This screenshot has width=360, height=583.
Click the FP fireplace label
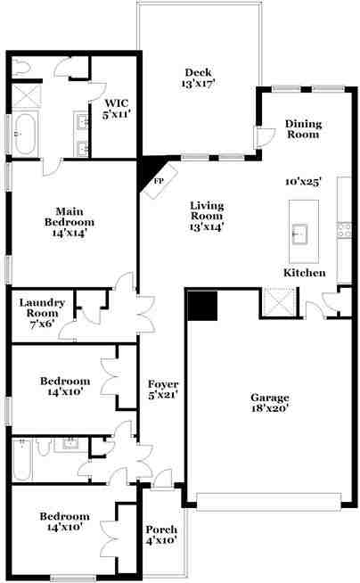(x=159, y=182)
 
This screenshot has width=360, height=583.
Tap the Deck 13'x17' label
(x=199, y=78)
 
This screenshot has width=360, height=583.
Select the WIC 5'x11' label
(x=117, y=109)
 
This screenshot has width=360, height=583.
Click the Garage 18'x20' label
(x=270, y=403)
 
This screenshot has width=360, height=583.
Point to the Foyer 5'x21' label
(x=163, y=390)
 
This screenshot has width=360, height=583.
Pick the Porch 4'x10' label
(x=161, y=535)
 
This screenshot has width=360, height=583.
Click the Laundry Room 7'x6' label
(x=42, y=313)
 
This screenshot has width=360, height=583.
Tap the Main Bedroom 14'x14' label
(x=70, y=222)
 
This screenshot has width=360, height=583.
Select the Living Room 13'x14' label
(x=207, y=216)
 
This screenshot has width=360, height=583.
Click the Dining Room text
(x=303, y=129)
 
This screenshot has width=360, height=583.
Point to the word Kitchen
(x=305, y=273)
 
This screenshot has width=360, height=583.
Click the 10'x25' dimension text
(x=303, y=182)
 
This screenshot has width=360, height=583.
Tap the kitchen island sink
(x=299, y=234)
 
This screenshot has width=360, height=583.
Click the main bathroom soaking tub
(x=25, y=133)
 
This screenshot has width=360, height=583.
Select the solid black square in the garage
(x=202, y=306)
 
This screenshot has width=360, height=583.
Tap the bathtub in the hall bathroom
(x=22, y=460)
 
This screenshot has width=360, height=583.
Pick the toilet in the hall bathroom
(x=43, y=447)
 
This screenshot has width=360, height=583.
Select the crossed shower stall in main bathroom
(x=27, y=95)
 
